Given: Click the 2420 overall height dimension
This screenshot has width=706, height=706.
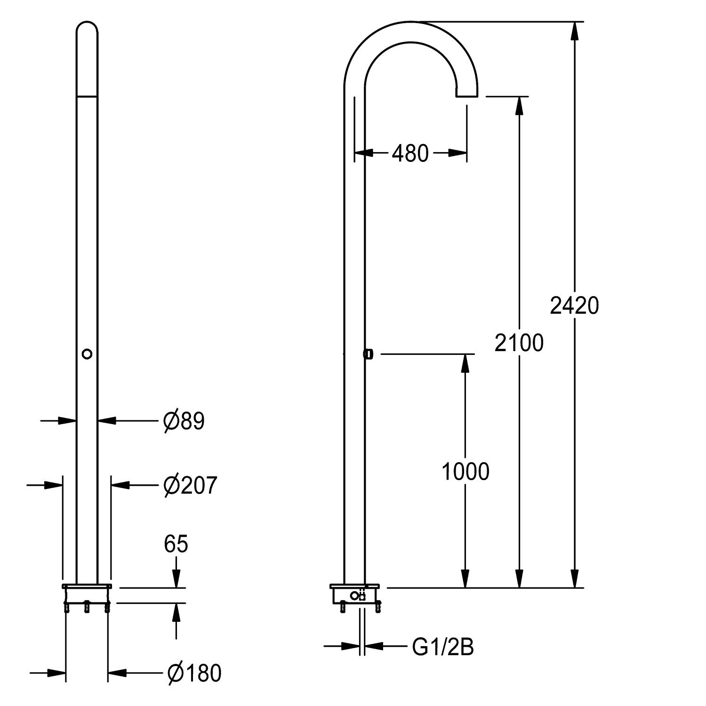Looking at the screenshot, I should pos(574,306).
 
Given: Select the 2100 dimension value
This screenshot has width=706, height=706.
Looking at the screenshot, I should pos(519,343).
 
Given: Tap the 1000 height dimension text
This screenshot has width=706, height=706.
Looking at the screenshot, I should pos(465,472).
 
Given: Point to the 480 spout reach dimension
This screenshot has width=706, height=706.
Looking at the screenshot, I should pos(410,153).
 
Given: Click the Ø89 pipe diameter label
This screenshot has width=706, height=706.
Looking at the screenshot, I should pos(184,421).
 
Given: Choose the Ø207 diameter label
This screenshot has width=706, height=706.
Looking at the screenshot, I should pos(190,485).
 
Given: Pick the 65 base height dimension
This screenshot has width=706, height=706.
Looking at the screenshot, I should pos(176,544).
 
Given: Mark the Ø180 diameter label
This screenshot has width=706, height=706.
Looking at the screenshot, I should pos(194,674).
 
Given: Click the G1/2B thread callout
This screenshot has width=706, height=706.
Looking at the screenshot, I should pos(443,648).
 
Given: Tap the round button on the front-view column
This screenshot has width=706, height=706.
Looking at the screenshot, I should pos(87,354).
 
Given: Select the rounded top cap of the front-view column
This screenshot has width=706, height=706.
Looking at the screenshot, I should pos(87,33).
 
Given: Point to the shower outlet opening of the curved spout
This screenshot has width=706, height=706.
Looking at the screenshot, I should pos(466,96).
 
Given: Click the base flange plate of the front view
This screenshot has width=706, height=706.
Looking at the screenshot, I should pos(87,586).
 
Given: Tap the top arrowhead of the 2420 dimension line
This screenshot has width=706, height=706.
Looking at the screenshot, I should pos(574,31).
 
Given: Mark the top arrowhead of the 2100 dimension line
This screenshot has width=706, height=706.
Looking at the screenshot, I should pos(519,106).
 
